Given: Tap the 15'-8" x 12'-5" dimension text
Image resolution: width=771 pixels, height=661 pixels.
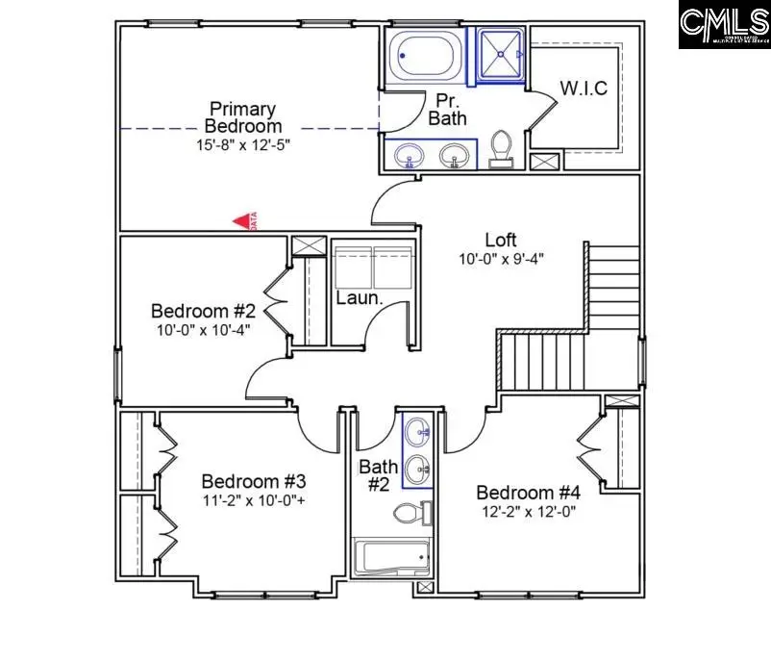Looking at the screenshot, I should [243, 144].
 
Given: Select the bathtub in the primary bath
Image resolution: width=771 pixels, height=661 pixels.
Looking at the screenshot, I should [425, 54].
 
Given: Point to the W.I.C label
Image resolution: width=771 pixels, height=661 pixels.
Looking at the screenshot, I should [584, 89].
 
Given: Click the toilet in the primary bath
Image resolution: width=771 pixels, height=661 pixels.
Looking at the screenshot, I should [500, 150].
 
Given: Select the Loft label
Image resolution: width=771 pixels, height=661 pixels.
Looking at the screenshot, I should [501, 240].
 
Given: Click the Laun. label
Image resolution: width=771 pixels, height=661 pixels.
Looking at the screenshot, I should [360, 298].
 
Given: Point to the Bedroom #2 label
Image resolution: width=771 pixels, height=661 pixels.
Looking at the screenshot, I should [203, 312].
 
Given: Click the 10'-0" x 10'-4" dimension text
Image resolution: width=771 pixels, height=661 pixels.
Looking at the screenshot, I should [203, 331].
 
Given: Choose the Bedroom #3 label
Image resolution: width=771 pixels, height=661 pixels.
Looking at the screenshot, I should [253, 481].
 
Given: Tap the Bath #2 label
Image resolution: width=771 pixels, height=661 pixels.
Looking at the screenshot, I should [378, 476].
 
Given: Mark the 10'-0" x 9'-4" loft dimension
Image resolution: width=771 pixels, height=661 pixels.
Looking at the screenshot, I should [501, 259].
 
